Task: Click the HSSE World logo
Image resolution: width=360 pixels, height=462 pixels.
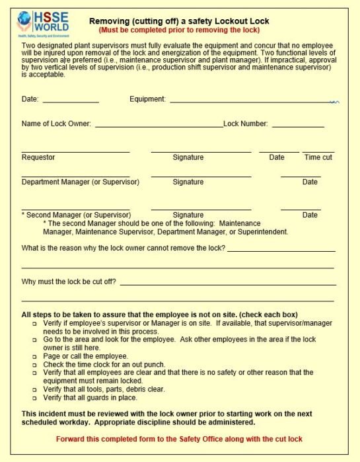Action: tap(43, 25)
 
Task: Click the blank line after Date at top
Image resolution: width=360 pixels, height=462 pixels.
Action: tap(71, 102)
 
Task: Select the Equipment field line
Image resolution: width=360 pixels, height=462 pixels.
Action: tap(251, 102)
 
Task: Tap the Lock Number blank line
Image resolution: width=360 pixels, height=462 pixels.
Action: tap(298, 126)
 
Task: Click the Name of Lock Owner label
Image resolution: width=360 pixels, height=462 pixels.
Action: tap(56, 124)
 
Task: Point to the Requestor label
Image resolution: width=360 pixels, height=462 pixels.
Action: tap(38, 157)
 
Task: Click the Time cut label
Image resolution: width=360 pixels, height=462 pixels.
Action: tap(318, 157)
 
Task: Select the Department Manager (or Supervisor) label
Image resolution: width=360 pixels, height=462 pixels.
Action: tap(81, 182)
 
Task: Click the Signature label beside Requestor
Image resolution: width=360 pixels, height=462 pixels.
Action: tap(188, 157)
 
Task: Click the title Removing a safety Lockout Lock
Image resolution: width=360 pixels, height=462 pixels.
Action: tap(179, 21)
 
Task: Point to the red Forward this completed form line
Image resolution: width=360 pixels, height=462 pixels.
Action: tap(180, 439)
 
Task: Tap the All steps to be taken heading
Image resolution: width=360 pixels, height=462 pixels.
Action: tap(159, 314)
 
